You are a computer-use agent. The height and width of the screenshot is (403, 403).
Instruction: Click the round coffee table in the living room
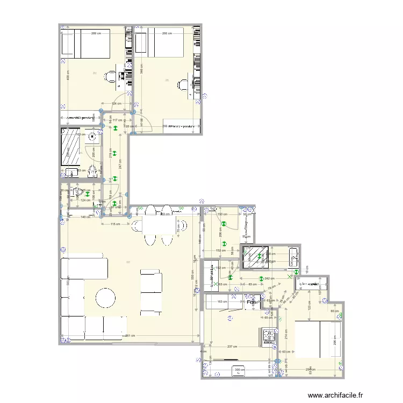click(106, 297)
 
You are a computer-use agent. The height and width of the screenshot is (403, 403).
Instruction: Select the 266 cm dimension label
click(167, 33)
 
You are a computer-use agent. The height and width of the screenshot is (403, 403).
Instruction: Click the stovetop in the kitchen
click(269, 336)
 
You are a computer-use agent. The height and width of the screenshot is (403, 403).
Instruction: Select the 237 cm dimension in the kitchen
click(233, 346)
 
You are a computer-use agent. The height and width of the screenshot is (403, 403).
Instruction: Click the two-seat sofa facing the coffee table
click(151, 292)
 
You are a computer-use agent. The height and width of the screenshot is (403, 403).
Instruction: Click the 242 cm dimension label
click(269, 278)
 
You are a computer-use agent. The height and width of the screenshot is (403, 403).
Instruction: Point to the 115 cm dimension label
click(114, 224)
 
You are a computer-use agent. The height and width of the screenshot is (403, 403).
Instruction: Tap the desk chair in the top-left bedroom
click(110, 77)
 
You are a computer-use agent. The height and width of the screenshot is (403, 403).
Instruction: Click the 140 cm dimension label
click(85, 217)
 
